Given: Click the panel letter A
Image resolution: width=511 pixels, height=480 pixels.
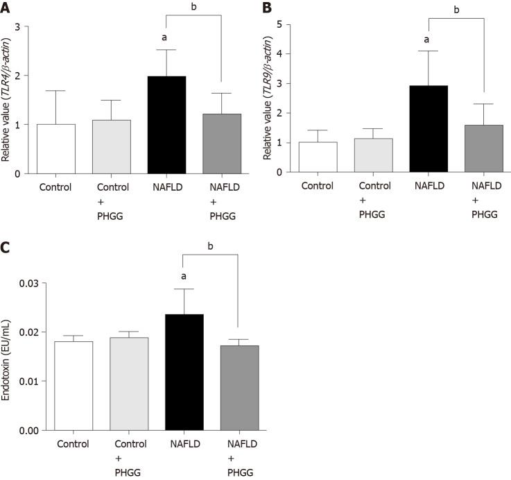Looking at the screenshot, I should pyautogui.click(x=7, y=8).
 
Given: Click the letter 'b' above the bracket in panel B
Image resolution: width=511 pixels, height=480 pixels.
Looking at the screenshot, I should pyautogui.click(x=456, y=10).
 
